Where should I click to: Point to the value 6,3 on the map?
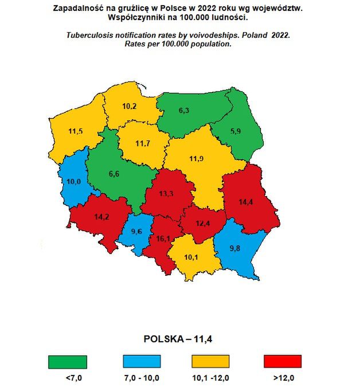(x=184, y=110)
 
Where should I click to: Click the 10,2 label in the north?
(x=130, y=106)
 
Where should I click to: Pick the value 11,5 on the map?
(x=75, y=132)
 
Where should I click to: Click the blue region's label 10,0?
(x=73, y=182)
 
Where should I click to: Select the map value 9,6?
(x=137, y=231)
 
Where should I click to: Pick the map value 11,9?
(x=197, y=159)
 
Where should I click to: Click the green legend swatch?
(x=68, y=362)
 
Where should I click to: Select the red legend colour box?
(x=282, y=362)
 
